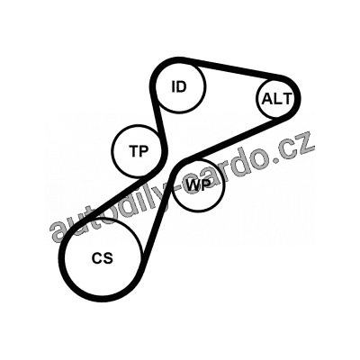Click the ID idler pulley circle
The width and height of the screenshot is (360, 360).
click(181, 87)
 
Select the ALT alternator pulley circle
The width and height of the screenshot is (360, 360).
click(276, 98)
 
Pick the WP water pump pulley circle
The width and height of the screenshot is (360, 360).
click(199, 185)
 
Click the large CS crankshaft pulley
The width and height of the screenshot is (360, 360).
click(103, 257)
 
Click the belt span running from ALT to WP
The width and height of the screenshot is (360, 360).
click(234, 139)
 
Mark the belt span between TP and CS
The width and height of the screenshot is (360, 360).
click(113, 198)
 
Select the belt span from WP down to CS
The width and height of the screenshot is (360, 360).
click(158, 210)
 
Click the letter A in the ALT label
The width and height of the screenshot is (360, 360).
click(267, 99)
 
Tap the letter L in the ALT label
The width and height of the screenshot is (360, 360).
click(277, 99)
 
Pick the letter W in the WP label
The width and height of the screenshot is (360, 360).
click(193, 185)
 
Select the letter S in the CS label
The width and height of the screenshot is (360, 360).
click(108, 258)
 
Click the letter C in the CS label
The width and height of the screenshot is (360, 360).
click(97, 258)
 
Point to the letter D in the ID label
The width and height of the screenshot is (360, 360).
click(182, 86)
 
